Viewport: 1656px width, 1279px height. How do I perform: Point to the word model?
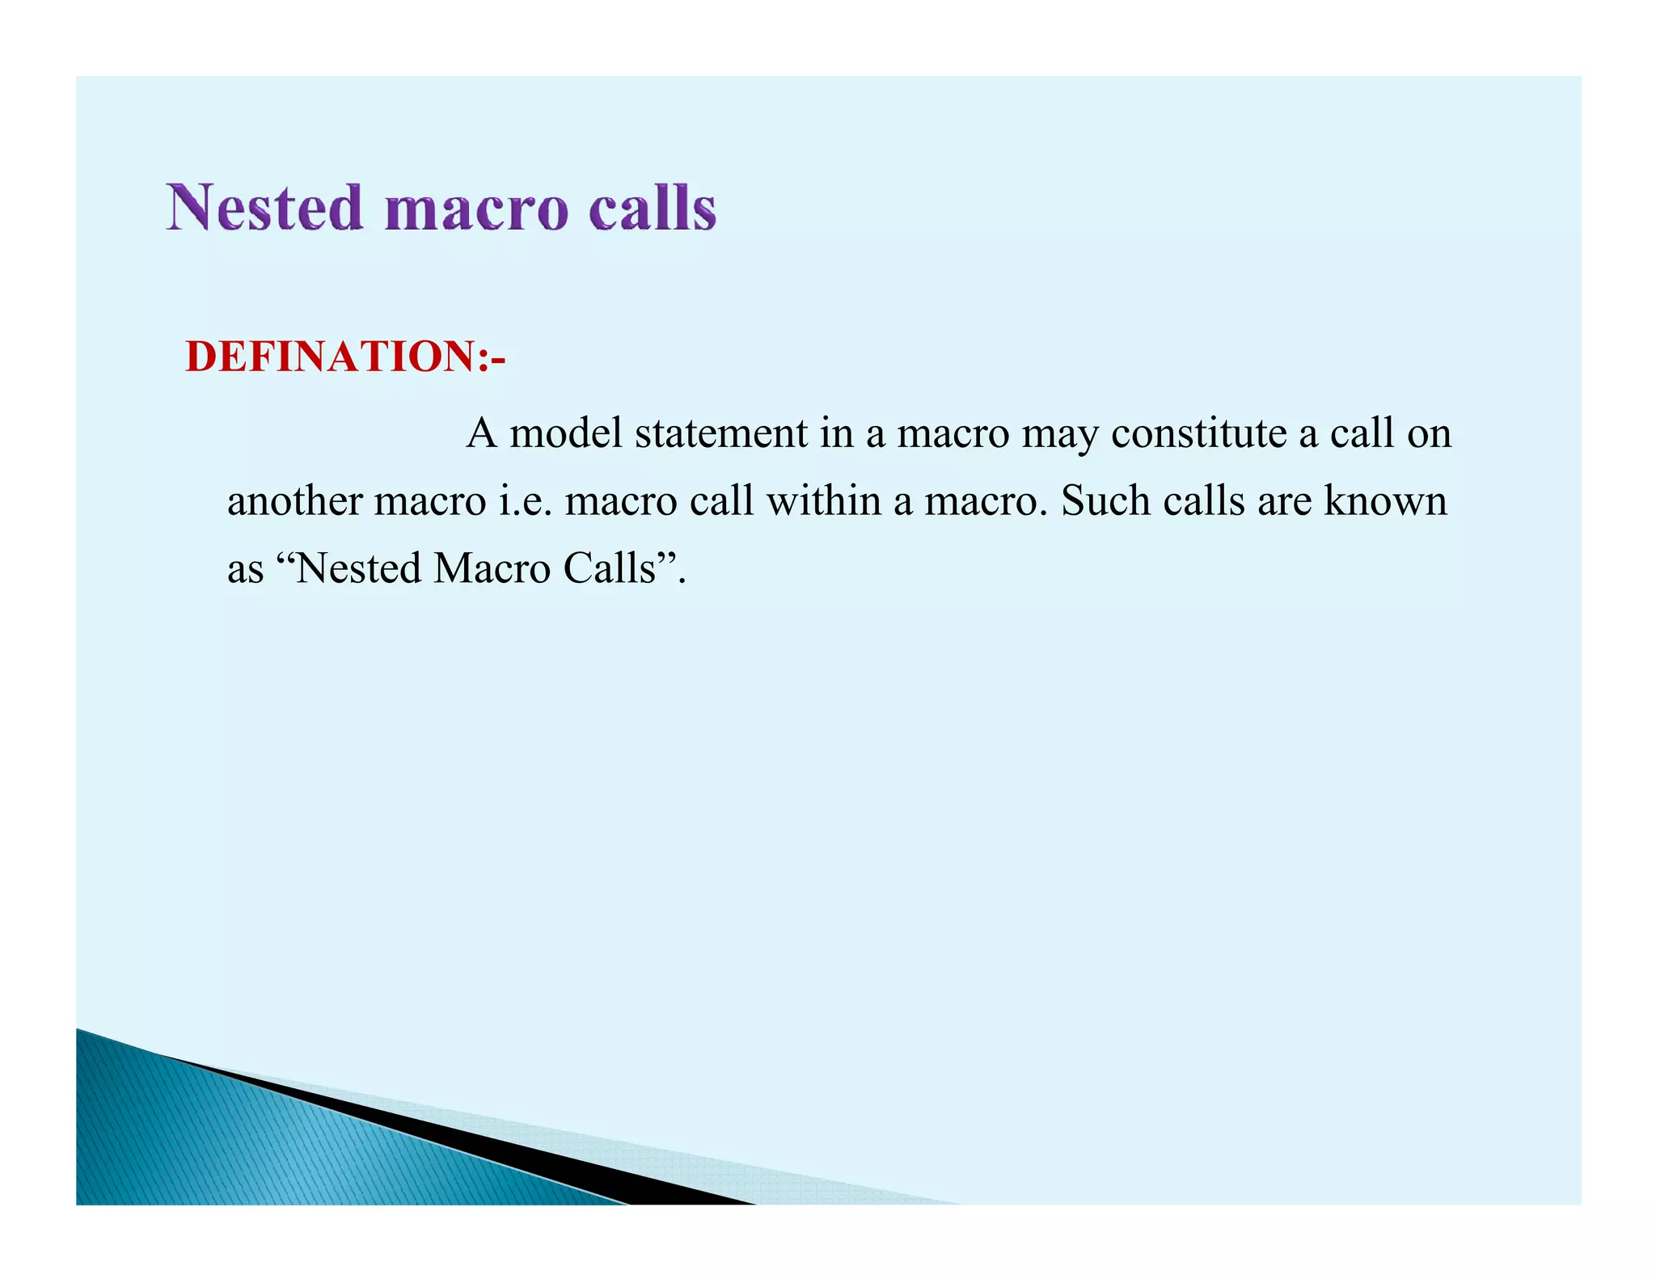[x=566, y=433]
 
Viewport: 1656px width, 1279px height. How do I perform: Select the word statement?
[x=721, y=433]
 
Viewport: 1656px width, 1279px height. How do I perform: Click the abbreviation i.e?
[x=526, y=501]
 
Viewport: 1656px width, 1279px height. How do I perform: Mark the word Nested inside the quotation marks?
[x=359, y=568]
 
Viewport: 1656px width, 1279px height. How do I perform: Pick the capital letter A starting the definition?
[x=482, y=433]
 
